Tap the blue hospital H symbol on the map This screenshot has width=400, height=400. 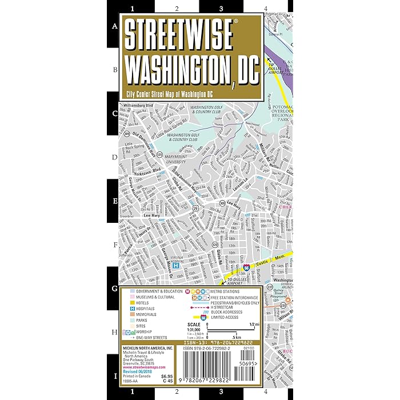point(176,266)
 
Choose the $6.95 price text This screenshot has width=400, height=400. point(165,377)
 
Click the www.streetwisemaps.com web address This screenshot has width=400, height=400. point(144,367)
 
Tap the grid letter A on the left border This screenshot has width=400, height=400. point(114,26)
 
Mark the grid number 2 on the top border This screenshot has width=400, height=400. point(177,9)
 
